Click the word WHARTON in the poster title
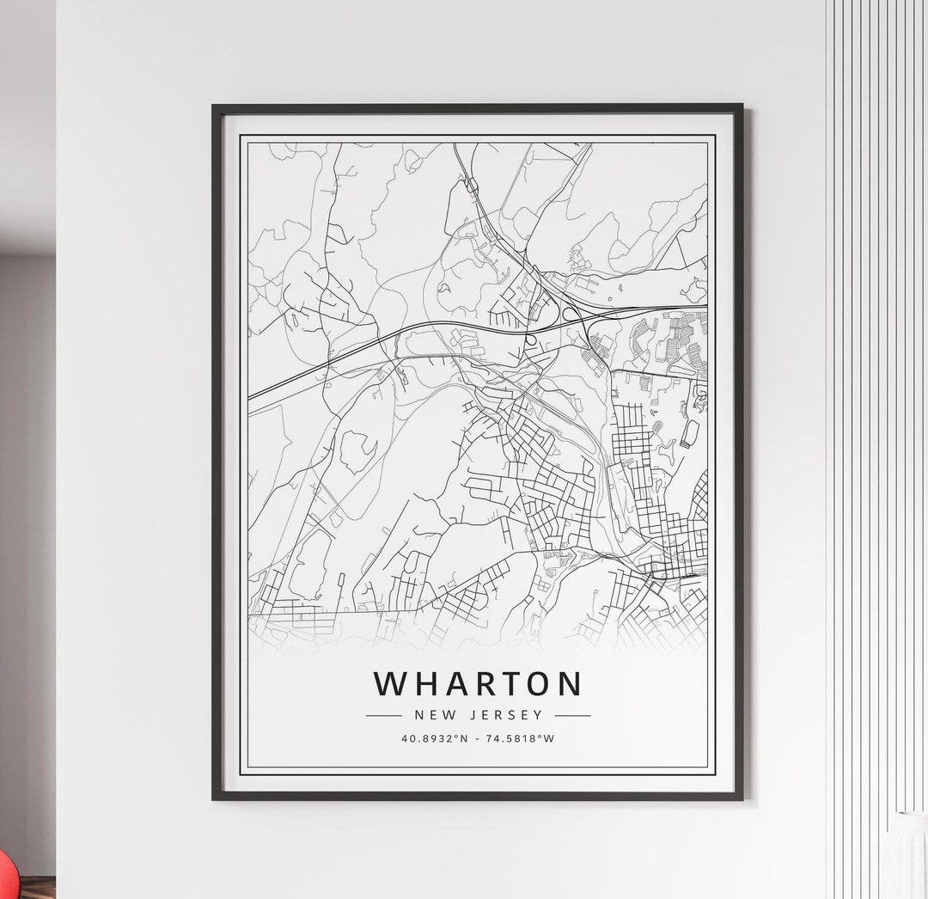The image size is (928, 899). pos(478,684)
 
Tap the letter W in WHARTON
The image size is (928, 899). pos(388,684)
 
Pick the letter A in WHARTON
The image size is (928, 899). pos(451,684)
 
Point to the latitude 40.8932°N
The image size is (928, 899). pos(433,738)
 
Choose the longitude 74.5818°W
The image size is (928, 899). pos(522,738)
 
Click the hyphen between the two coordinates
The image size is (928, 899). pos(478,738)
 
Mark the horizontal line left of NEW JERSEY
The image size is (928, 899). pos(383,714)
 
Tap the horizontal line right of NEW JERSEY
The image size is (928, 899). pos(573,714)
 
